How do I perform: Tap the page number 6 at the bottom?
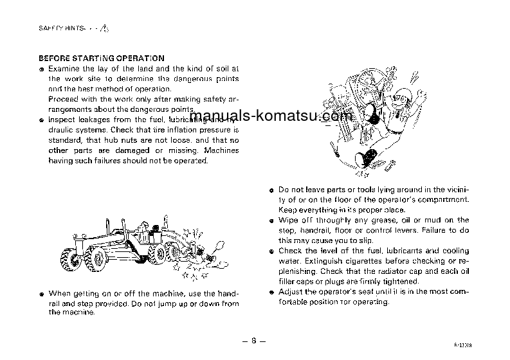pyautogui.click(x=254, y=340)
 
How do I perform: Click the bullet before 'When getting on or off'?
pyautogui.click(x=41, y=293)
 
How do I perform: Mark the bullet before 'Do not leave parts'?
pyautogui.click(x=272, y=190)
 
